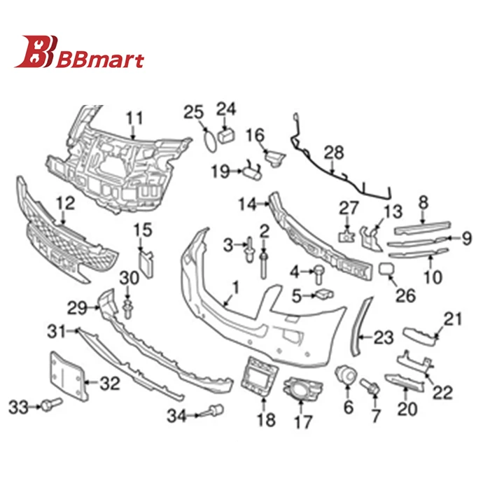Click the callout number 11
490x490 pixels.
(x=134, y=117)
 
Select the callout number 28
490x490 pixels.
(x=335, y=152)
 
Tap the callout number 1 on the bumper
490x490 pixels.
(x=234, y=286)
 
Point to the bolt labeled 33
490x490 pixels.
(x=51, y=404)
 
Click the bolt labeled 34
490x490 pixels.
(x=215, y=413)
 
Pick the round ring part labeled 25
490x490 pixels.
(x=209, y=138)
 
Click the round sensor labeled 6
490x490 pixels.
(x=344, y=374)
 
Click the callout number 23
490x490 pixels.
(x=384, y=339)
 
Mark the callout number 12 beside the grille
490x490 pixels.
(x=65, y=204)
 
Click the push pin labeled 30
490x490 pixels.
(x=128, y=307)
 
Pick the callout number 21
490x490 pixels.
(x=454, y=319)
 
